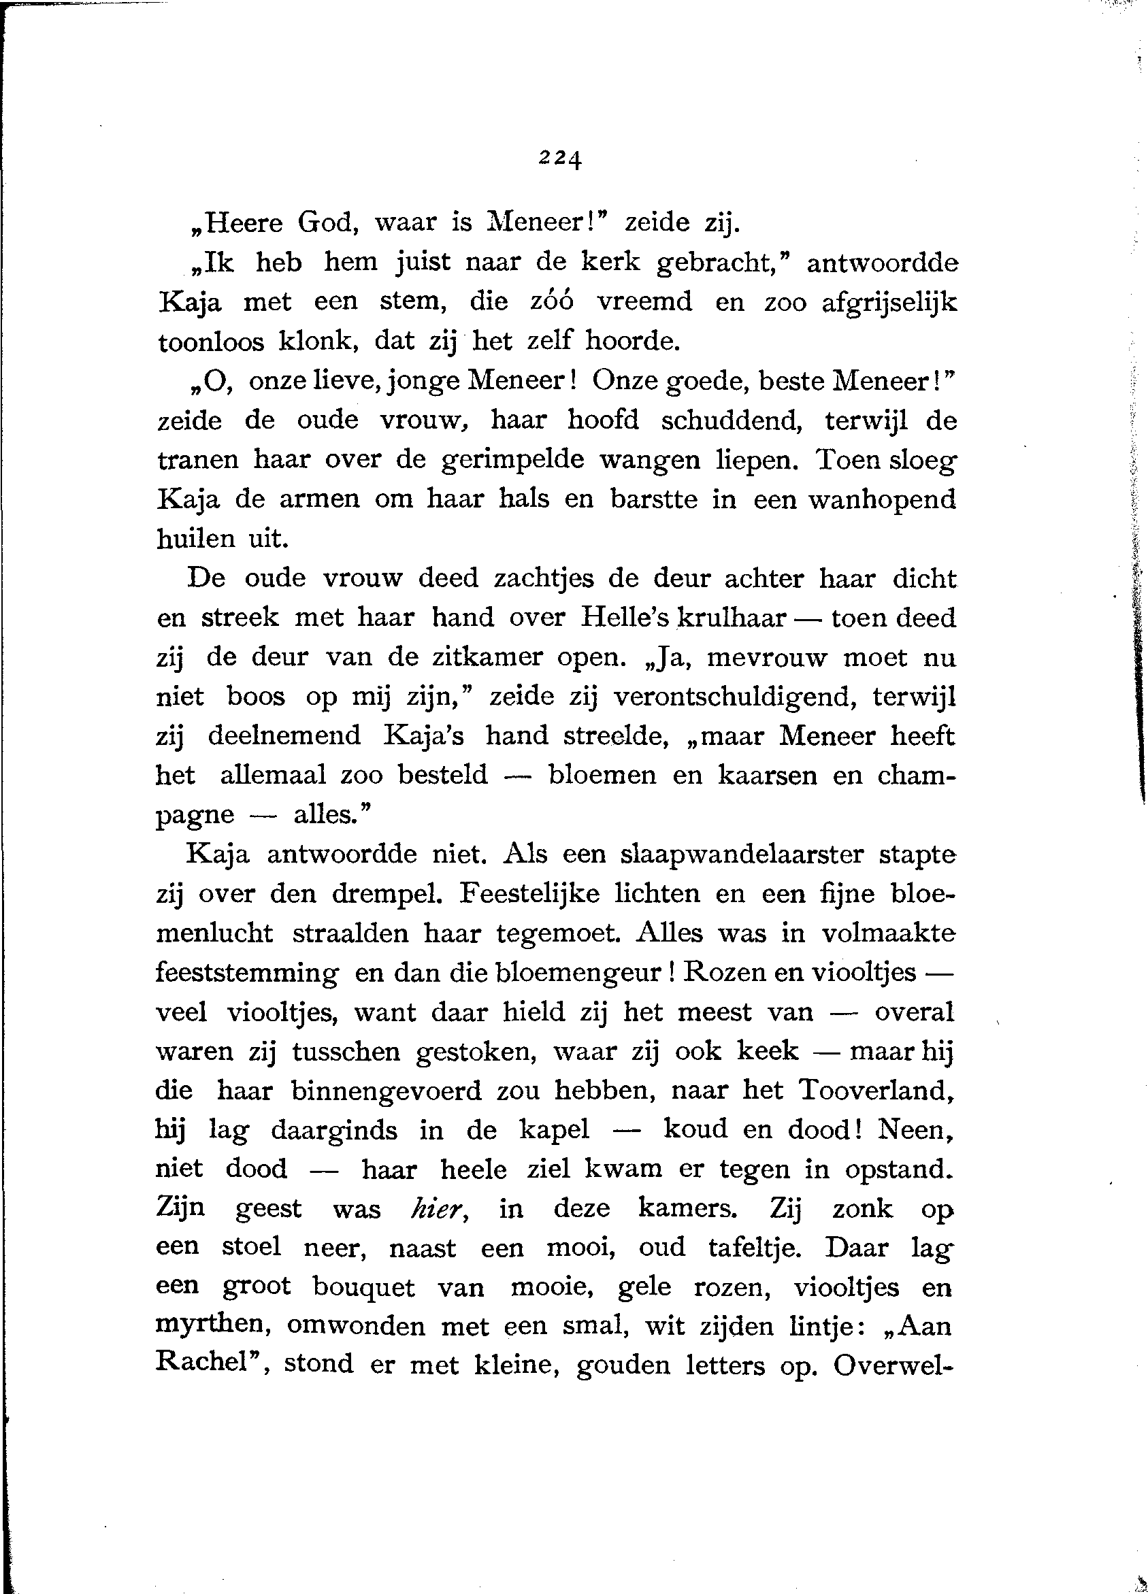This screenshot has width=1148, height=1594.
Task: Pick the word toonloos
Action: [211, 342]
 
